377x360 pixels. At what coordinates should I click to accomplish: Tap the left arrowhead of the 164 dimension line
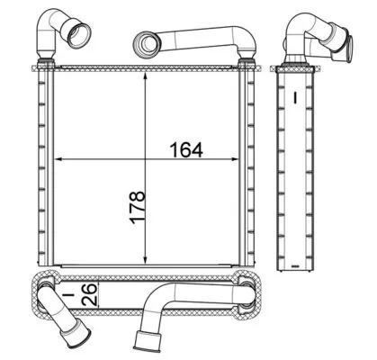tap(60, 157)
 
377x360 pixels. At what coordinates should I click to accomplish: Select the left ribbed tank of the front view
tap(43, 166)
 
